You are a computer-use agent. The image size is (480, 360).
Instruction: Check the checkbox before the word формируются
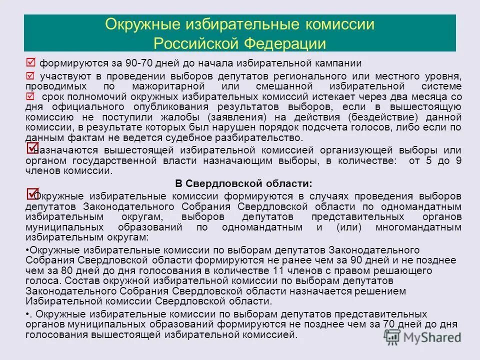click(30, 63)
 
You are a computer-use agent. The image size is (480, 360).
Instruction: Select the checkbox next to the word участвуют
click(30, 76)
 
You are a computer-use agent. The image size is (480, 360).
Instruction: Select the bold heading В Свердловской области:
click(243, 183)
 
